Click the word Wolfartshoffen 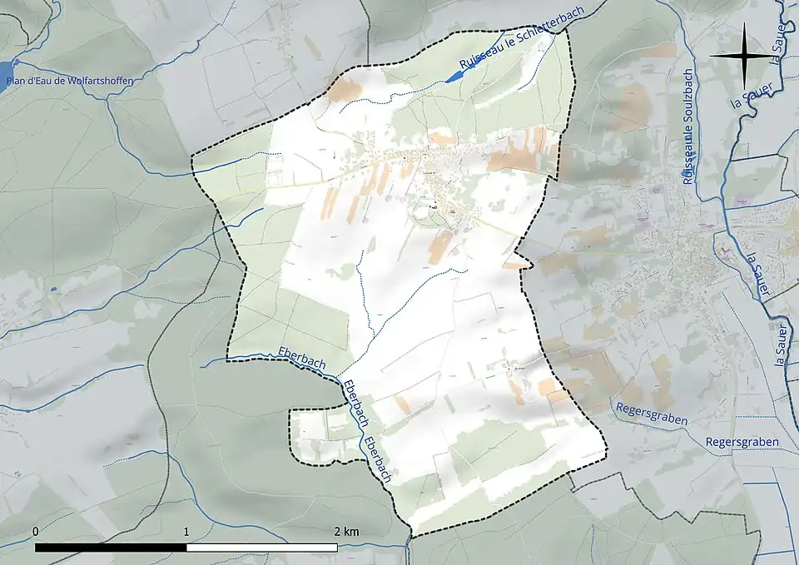(x=97, y=81)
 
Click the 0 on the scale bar (x=36, y=531)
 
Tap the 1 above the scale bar (x=186, y=531)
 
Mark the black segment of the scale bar (x=111, y=548)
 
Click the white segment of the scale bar (x=261, y=548)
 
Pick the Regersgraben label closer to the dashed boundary (x=652, y=414)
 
